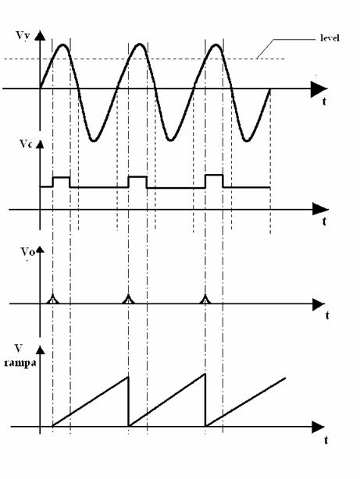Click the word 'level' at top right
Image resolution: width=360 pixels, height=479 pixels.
(330, 38)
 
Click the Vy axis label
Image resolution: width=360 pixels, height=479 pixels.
(23, 36)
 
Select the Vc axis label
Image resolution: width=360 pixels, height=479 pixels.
(26, 144)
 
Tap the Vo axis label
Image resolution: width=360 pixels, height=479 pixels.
(27, 251)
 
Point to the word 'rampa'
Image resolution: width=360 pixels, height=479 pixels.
(20, 363)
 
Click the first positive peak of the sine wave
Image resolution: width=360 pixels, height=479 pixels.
(63, 45)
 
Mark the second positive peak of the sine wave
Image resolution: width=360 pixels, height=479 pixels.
(140, 44)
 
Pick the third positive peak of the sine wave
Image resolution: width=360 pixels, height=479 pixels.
(216, 45)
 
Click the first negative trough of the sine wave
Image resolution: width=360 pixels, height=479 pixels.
(94, 140)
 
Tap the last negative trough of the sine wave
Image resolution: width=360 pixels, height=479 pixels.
(247, 140)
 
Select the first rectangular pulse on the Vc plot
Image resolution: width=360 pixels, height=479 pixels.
(61, 182)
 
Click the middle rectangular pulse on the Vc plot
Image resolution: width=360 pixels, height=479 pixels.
(137, 182)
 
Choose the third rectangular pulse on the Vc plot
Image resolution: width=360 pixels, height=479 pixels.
(214, 181)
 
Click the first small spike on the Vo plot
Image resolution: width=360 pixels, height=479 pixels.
(53, 300)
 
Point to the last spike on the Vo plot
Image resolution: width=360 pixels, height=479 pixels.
(205, 300)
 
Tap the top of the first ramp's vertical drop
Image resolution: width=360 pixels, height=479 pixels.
(128, 377)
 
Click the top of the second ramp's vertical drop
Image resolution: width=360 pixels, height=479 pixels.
(205, 374)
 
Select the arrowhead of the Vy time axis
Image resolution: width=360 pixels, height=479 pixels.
(319, 89)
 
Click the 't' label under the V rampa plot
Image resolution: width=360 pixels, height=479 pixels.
(326, 440)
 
